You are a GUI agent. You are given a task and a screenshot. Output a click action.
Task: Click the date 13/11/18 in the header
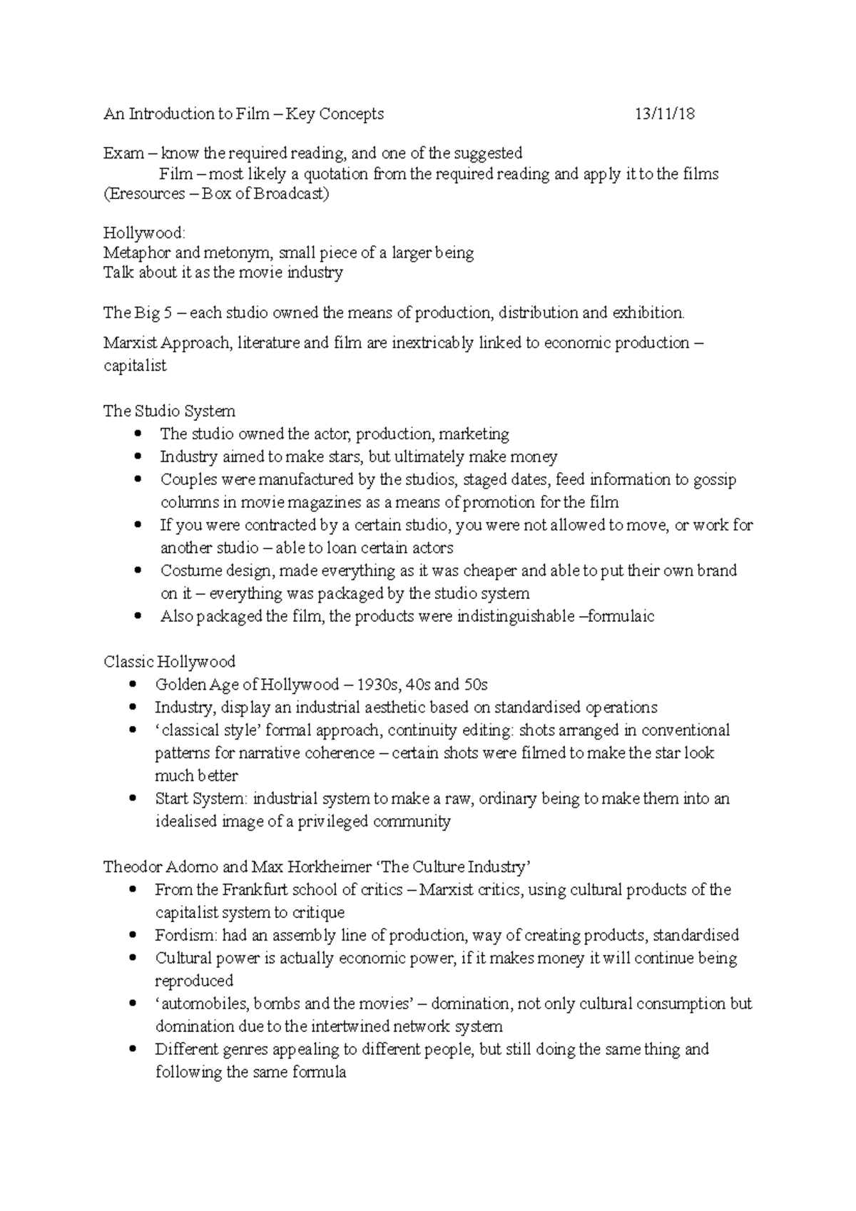point(665,114)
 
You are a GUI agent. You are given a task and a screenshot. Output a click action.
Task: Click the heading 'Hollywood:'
point(143,233)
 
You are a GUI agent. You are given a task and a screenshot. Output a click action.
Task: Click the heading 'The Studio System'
point(169,411)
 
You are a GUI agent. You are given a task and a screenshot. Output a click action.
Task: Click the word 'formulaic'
point(621,616)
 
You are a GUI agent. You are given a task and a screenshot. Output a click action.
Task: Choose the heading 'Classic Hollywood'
point(169,662)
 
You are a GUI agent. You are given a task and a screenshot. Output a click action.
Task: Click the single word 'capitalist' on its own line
point(135,366)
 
